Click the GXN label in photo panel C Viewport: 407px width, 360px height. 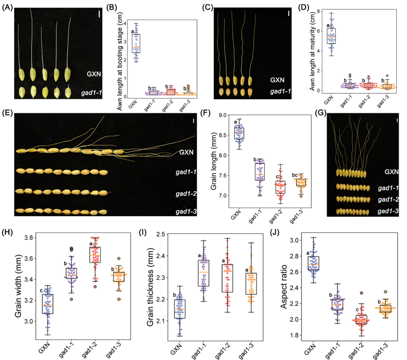point(278,80)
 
